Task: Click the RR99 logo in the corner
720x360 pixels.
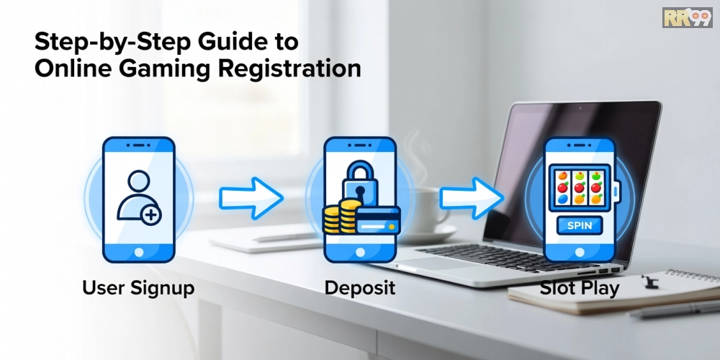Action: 688,17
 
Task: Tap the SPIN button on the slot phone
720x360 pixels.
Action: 580,225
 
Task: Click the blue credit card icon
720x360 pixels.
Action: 378,221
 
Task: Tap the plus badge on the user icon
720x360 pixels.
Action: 150,215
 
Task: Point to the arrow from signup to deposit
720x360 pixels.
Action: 251,198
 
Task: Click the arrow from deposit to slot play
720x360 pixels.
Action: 472,198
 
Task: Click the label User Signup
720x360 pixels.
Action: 138,289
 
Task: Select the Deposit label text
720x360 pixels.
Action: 359,289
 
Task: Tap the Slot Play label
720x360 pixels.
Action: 580,289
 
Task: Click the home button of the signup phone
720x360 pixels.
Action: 139,252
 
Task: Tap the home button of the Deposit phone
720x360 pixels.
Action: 360,252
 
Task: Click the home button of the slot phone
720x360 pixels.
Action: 580,252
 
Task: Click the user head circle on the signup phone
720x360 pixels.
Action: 139,182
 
